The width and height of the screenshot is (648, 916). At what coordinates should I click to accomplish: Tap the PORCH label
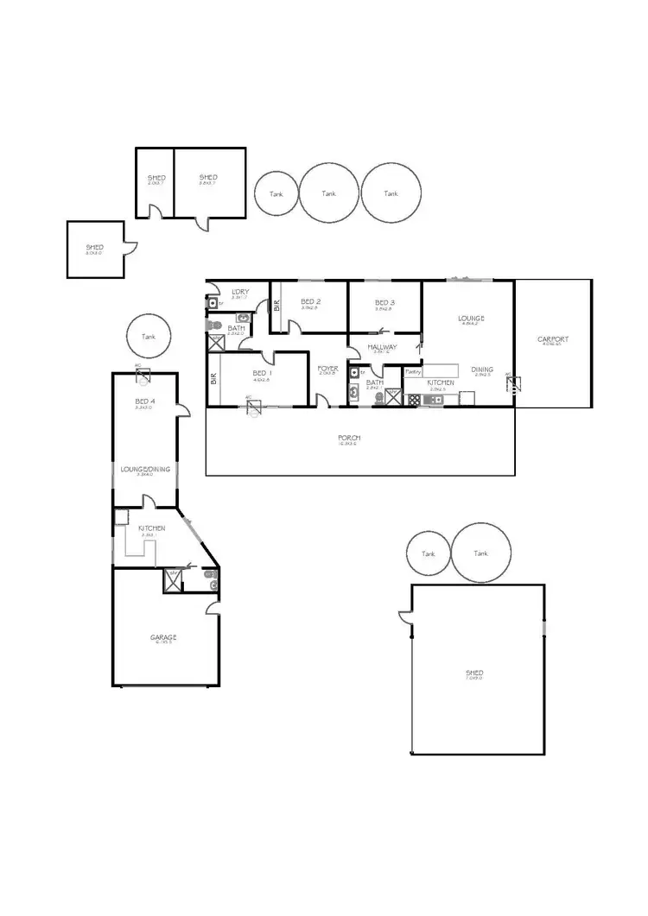349,439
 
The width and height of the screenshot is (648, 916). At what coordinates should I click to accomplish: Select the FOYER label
327,368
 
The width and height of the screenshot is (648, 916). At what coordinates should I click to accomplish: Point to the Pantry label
413,372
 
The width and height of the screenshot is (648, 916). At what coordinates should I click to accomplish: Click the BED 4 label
144,402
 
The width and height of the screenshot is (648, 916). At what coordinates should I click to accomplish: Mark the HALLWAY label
383,347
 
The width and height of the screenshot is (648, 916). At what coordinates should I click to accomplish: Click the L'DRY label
239,292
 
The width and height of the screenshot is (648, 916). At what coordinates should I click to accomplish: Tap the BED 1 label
262,373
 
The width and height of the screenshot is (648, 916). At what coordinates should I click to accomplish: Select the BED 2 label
311,302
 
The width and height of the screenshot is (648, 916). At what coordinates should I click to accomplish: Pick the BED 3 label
384,302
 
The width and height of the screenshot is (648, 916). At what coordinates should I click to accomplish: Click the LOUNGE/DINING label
144,469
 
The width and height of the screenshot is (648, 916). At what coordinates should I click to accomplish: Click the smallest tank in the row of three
276,194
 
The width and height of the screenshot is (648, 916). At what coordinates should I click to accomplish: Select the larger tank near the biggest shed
480,553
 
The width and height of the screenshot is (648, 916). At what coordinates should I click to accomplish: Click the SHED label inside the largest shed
473,673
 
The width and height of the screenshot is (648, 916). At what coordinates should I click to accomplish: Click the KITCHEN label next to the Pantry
441,382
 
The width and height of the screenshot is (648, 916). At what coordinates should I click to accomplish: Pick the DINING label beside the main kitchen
482,370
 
